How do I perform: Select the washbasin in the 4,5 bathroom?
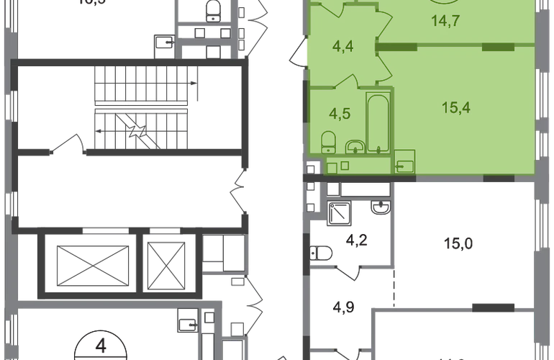[354, 148]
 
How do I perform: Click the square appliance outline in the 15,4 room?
[404, 161]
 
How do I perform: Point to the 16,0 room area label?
[459, 245]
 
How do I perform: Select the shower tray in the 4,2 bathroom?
[340, 213]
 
